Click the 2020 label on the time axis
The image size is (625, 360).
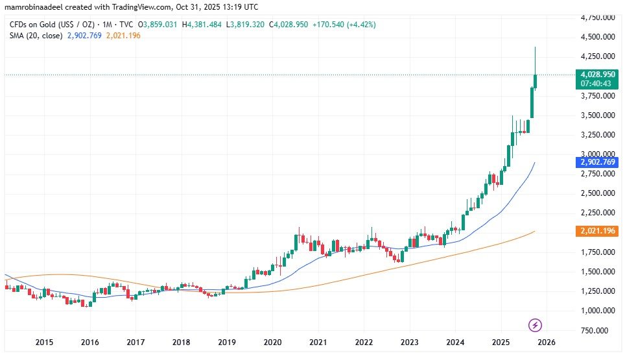(272, 342)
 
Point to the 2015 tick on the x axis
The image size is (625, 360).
(44, 342)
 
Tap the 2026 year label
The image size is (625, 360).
(545, 342)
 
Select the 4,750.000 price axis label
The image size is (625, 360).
(598, 18)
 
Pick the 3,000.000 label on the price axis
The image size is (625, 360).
(598, 154)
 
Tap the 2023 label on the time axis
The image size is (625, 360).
(409, 342)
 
